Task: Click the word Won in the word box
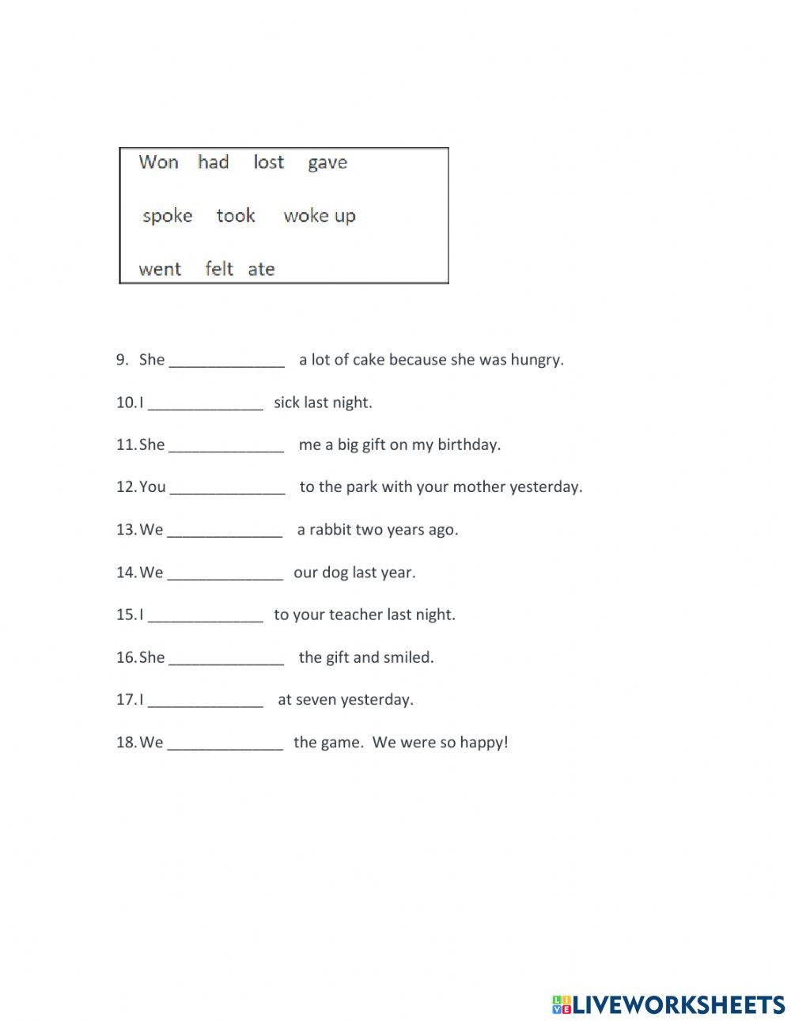(158, 162)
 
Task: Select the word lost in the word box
(268, 162)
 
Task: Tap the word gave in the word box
(327, 163)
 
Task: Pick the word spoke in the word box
(167, 216)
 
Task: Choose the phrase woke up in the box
(320, 216)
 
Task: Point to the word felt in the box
(219, 269)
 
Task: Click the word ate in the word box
(261, 269)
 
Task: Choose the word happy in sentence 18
(483, 743)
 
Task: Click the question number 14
(126, 572)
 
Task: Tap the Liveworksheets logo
(668, 1004)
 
